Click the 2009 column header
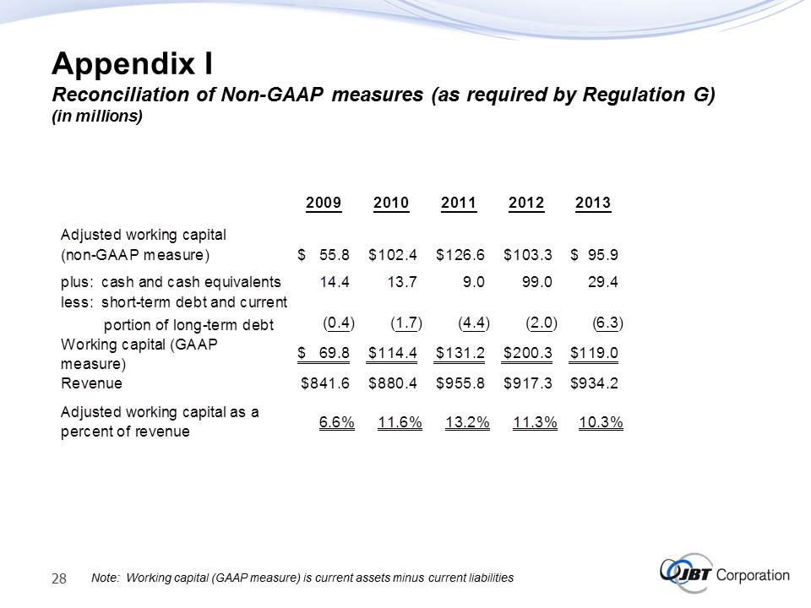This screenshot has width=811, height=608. (x=324, y=203)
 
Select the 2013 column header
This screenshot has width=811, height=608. (x=592, y=203)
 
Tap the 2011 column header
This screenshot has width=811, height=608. (x=459, y=203)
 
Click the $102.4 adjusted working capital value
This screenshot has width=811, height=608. (x=395, y=253)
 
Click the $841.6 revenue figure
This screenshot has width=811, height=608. (x=326, y=383)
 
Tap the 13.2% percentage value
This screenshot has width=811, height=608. (x=467, y=422)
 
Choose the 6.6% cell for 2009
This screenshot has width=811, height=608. (x=336, y=422)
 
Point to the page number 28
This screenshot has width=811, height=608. (x=60, y=578)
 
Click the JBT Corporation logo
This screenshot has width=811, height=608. (x=724, y=573)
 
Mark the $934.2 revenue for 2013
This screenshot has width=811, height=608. (x=595, y=383)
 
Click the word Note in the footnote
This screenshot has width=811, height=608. (x=104, y=578)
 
